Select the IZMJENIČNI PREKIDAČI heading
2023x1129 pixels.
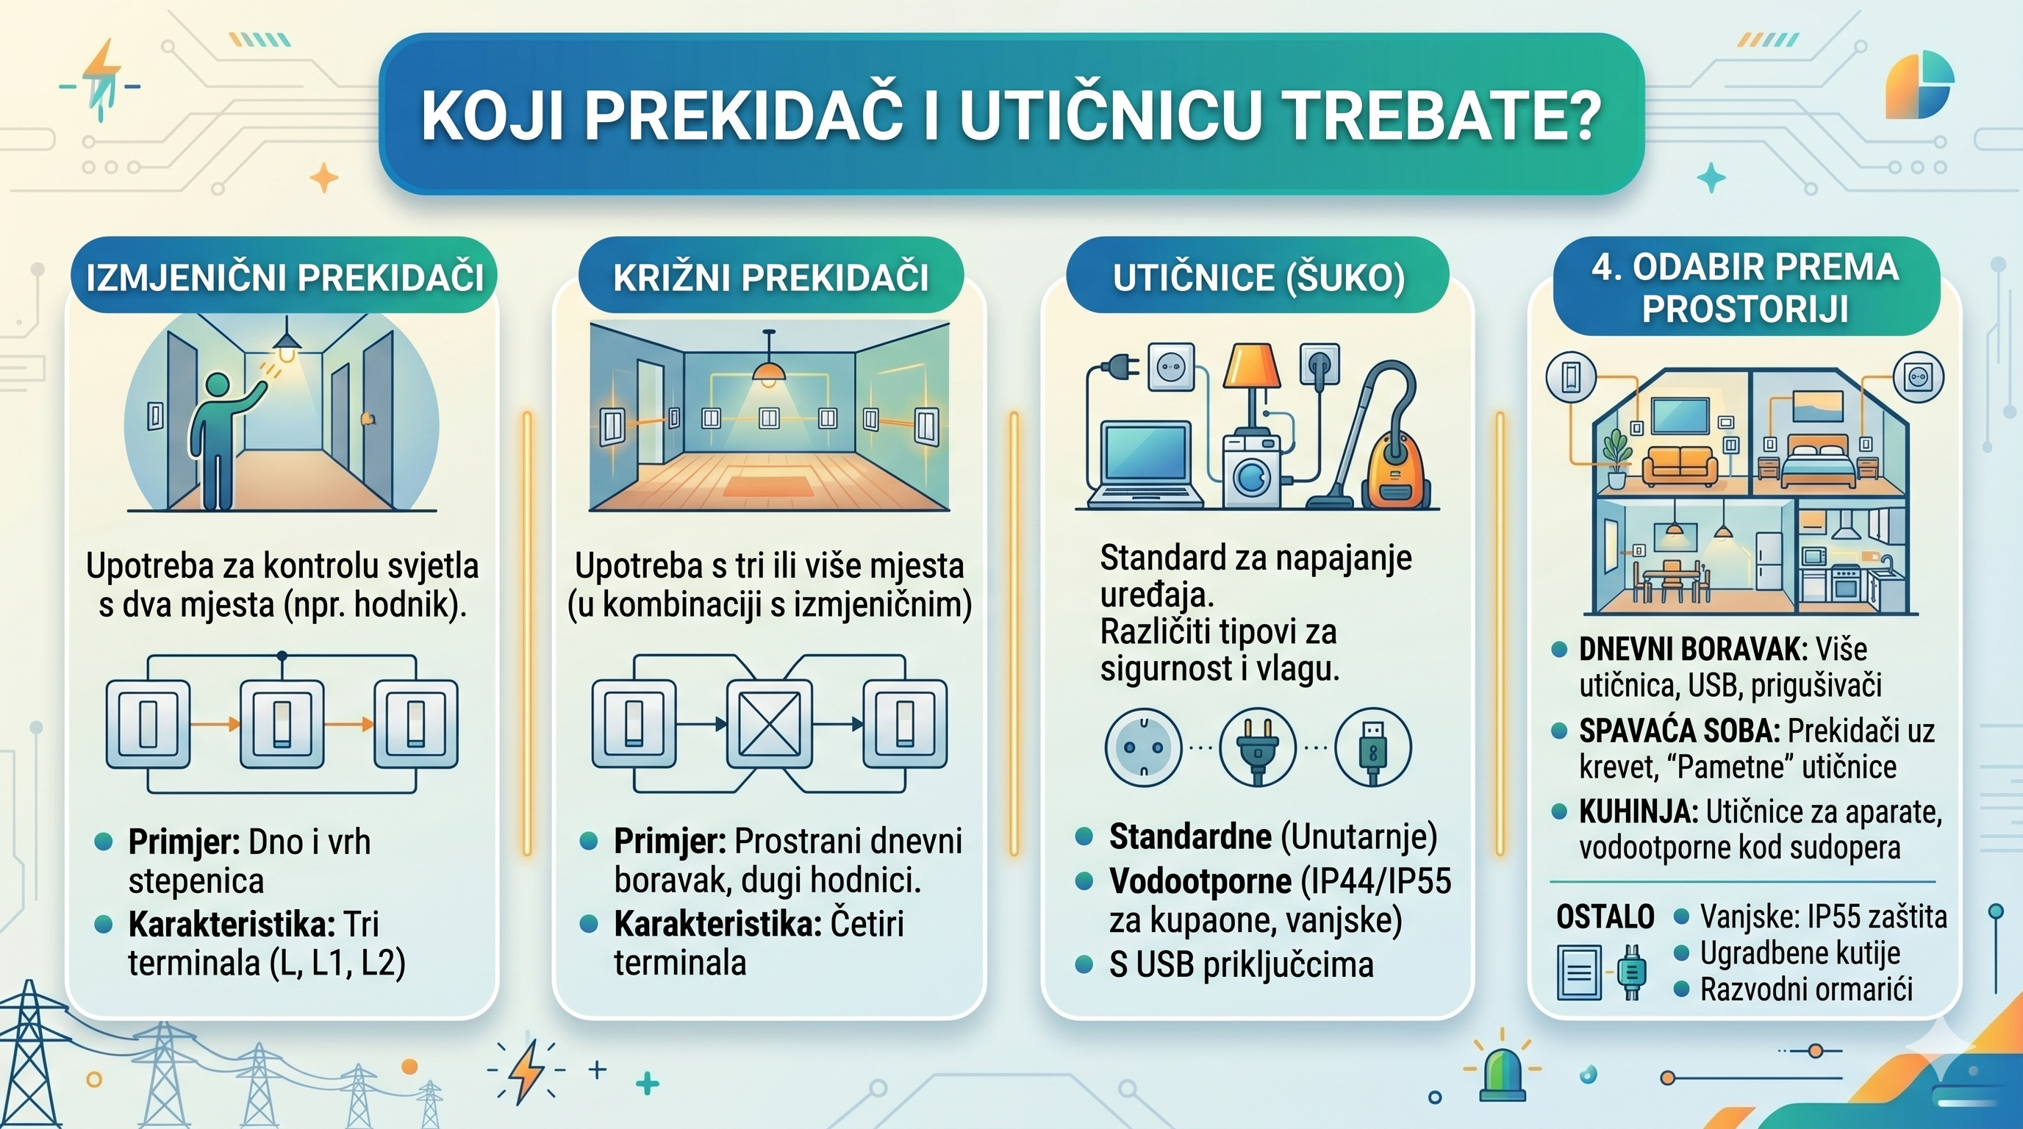tap(284, 277)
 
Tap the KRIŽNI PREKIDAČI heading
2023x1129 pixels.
tap(770, 277)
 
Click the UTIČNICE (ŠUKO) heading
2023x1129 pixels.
tap(1258, 277)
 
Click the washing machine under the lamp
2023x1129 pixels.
tap(1252, 471)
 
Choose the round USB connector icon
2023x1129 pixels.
tap(1372, 748)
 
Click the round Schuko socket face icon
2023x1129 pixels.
tap(1143, 748)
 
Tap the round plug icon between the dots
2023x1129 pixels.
tap(1258, 748)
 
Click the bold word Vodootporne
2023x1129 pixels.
tap(1200, 882)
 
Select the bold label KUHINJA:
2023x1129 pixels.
tap(1639, 811)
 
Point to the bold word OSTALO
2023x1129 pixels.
tap(1605, 917)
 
